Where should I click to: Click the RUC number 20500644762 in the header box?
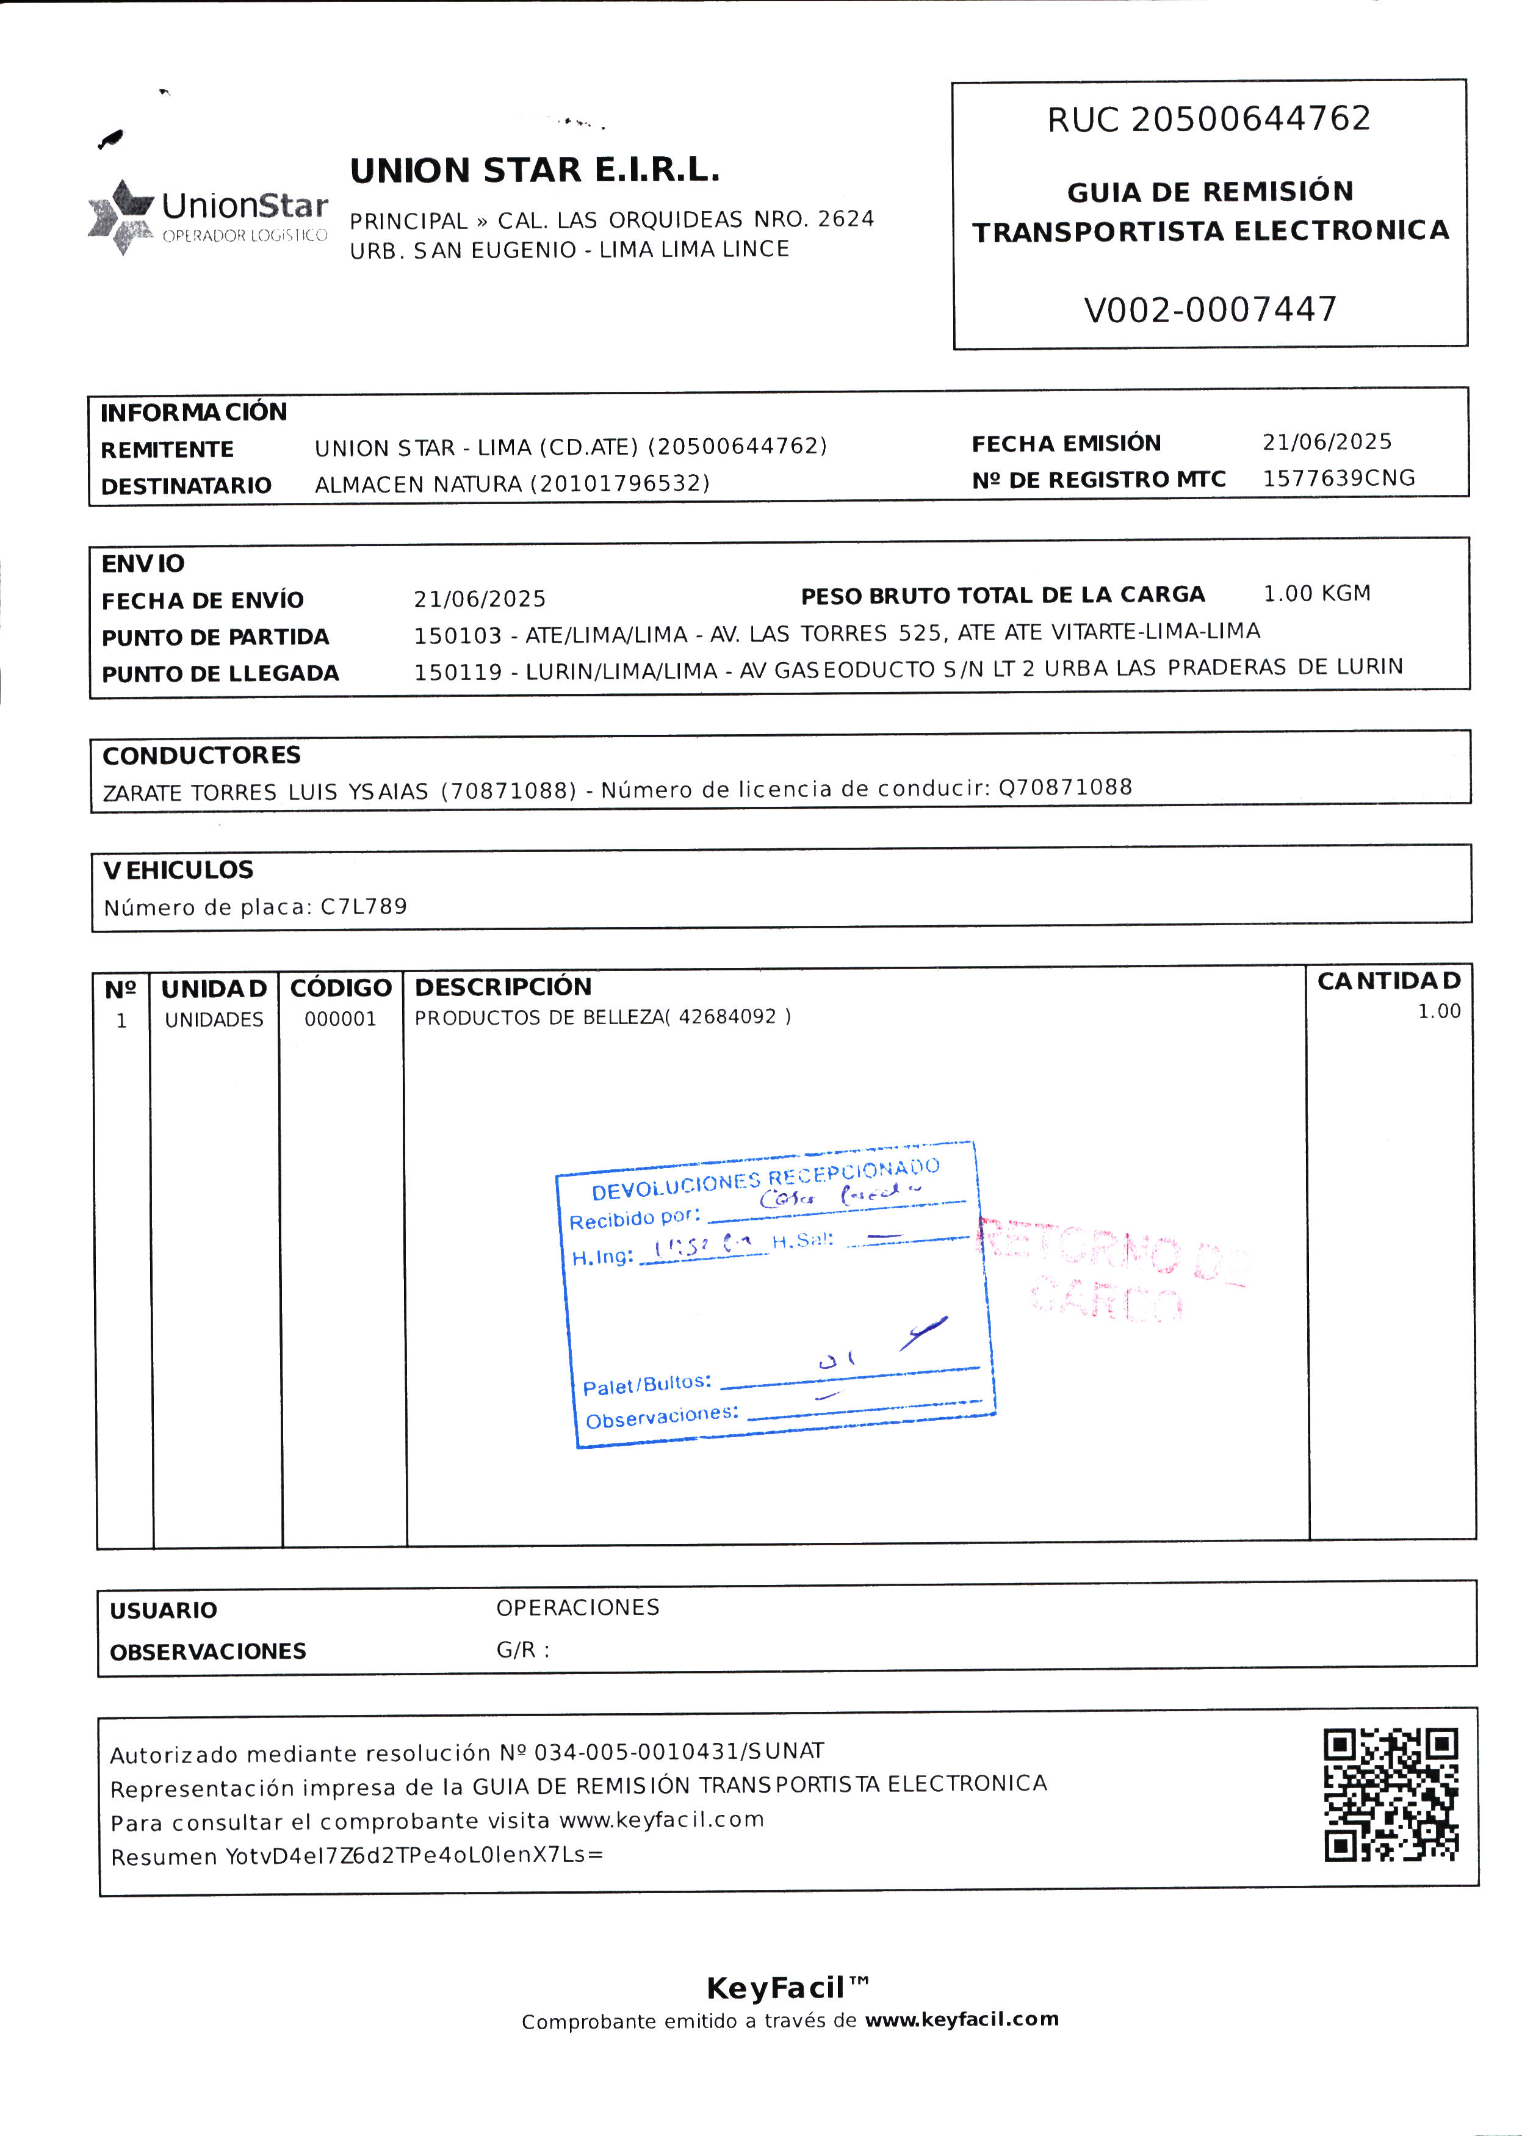[x=1251, y=119]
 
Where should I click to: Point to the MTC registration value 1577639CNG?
[x=1338, y=478]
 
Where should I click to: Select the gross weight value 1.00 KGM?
[x=1316, y=593]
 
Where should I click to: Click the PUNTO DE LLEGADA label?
[x=220, y=673]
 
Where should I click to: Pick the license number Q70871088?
[x=1065, y=787]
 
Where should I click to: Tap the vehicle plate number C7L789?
[x=364, y=906]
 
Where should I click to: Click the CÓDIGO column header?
[x=340, y=988]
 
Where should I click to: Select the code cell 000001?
[x=340, y=1019]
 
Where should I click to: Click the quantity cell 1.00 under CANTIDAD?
[x=1438, y=1011]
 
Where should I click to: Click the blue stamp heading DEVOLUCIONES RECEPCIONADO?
[x=765, y=1179]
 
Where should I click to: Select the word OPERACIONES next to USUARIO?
[x=577, y=1607]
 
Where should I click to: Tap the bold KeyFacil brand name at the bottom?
[x=777, y=1987]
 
